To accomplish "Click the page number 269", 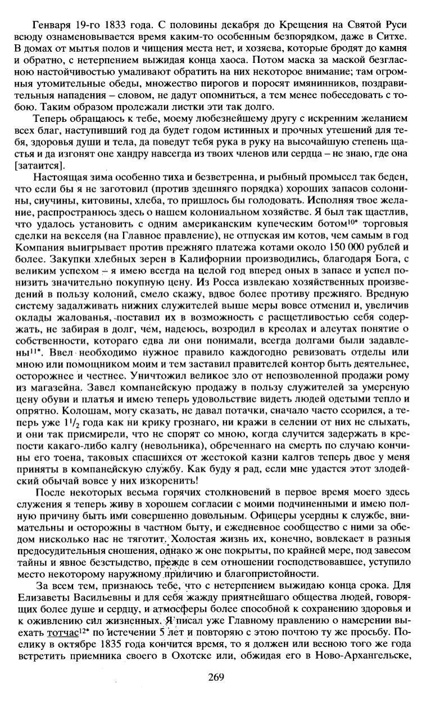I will pyautogui.click(x=216, y=676).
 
